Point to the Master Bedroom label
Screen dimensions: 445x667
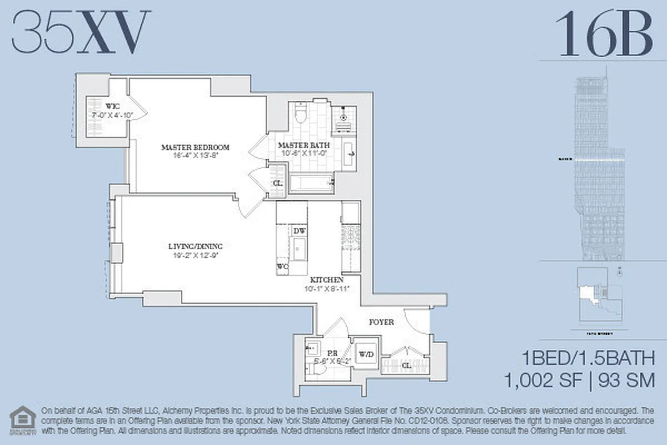coord(195,147)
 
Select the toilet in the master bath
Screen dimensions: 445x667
coord(301,115)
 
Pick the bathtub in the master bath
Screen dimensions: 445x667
coord(311,183)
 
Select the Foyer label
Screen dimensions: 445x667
coord(381,322)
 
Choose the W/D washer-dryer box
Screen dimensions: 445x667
coord(366,353)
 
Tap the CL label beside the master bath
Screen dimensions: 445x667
coord(277,183)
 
